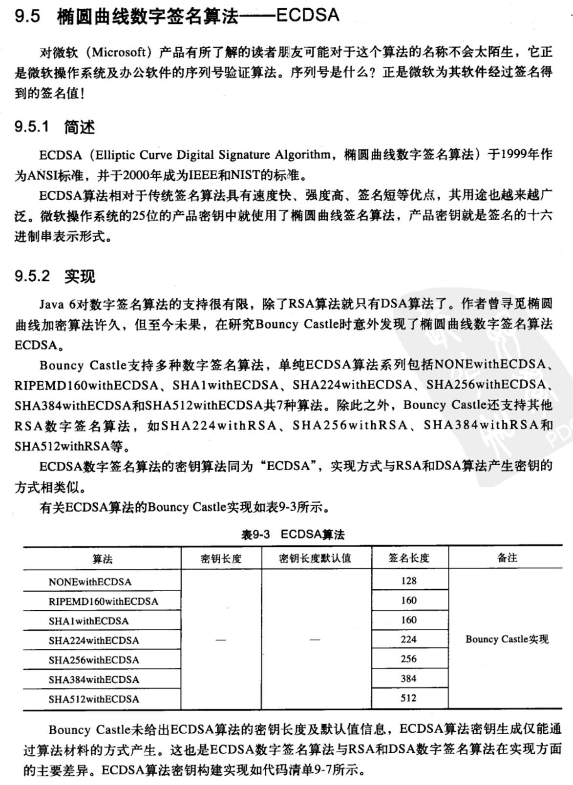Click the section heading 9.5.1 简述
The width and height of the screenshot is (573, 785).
click(54, 127)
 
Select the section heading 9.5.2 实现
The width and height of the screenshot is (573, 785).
click(54, 276)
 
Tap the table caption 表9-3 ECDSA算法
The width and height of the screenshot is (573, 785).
click(293, 535)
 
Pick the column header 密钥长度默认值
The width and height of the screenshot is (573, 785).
click(315, 558)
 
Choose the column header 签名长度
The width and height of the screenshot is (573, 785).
click(409, 558)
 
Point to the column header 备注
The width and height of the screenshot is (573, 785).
click(507, 558)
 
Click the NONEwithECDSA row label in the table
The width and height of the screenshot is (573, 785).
click(90, 582)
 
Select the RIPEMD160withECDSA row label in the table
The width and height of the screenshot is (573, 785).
click(103, 601)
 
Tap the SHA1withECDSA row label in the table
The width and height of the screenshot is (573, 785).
click(88, 621)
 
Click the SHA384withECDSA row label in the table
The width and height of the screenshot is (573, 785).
click(94, 680)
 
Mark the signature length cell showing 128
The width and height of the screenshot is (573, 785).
click(408, 581)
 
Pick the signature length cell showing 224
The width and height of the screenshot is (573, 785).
click(408, 640)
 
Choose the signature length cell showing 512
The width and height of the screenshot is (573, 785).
click(408, 698)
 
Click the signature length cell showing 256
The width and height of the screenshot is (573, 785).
click(408, 659)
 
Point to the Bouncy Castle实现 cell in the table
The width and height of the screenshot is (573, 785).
click(507, 640)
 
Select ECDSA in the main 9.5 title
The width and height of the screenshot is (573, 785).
click(307, 16)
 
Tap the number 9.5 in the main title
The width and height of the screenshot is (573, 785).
click(27, 17)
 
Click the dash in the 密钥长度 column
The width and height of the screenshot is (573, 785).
click(221, 640)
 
